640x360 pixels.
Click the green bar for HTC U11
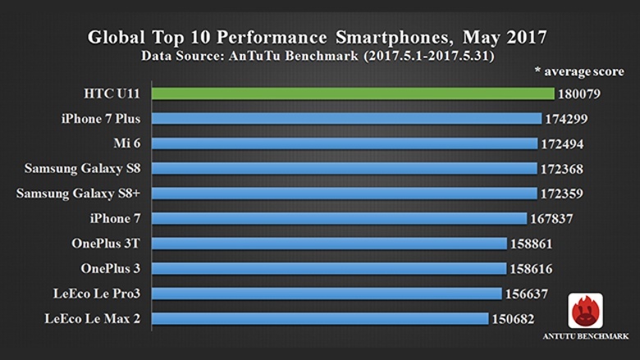[353, 94]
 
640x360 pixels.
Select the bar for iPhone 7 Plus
[347, 119]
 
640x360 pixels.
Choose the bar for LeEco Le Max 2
[320, 318]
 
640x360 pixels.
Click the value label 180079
[580, 94]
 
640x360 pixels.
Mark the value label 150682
[514, 318]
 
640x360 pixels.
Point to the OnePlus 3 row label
[110, 268]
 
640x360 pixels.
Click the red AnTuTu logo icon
[585, 311]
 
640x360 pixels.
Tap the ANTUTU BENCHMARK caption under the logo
[585, 336]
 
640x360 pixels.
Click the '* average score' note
[579, 72]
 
